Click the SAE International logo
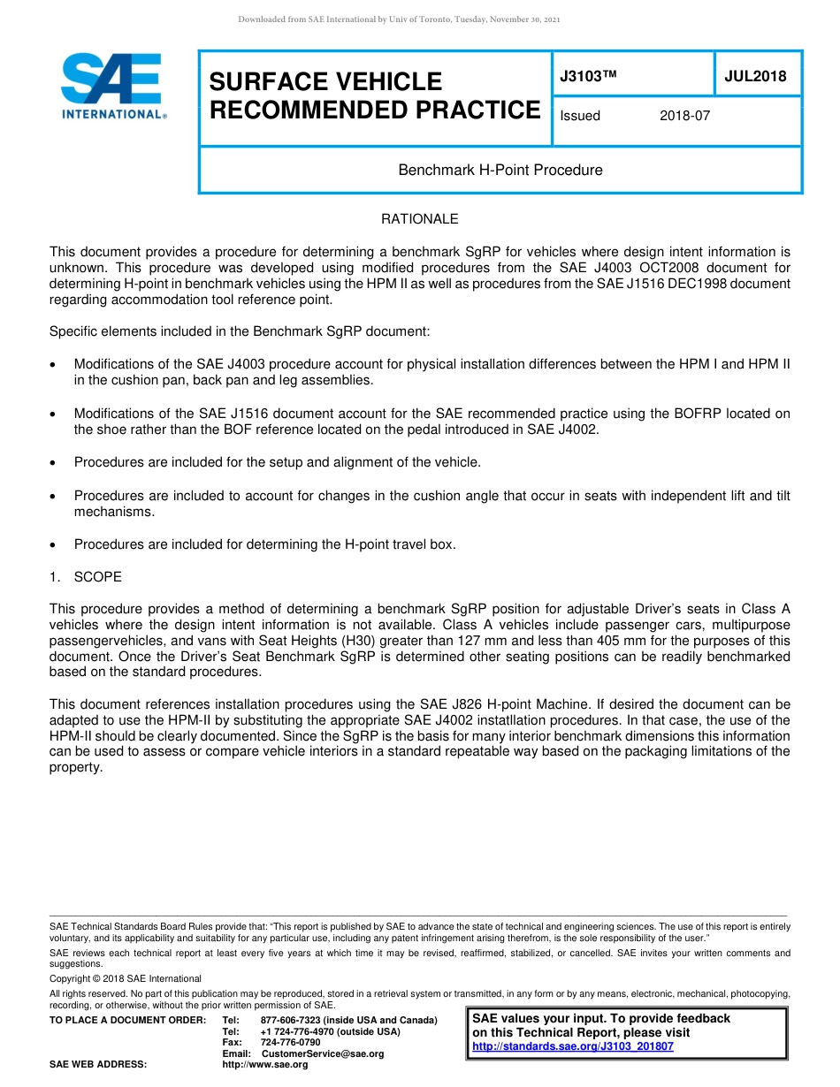click(112, 86)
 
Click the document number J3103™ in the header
click(587, 76)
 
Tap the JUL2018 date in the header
click(755, 76)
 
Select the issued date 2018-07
click(684, 116)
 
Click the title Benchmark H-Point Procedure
click(500, 170)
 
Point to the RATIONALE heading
click(419, 219)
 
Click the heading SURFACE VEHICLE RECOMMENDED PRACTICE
click(374, 95)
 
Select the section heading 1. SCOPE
click(86, 577)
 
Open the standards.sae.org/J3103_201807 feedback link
click(572, 1046)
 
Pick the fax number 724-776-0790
click(290, 1043)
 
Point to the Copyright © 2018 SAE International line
click(126, 978)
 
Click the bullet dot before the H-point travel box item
click(55, 545)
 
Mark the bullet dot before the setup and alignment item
click(55, 463)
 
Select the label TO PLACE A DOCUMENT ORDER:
click(127, 1020)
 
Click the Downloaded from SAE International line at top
click(399, 19)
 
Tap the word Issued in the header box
click(580, 116)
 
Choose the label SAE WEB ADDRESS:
click(98, 1065)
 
